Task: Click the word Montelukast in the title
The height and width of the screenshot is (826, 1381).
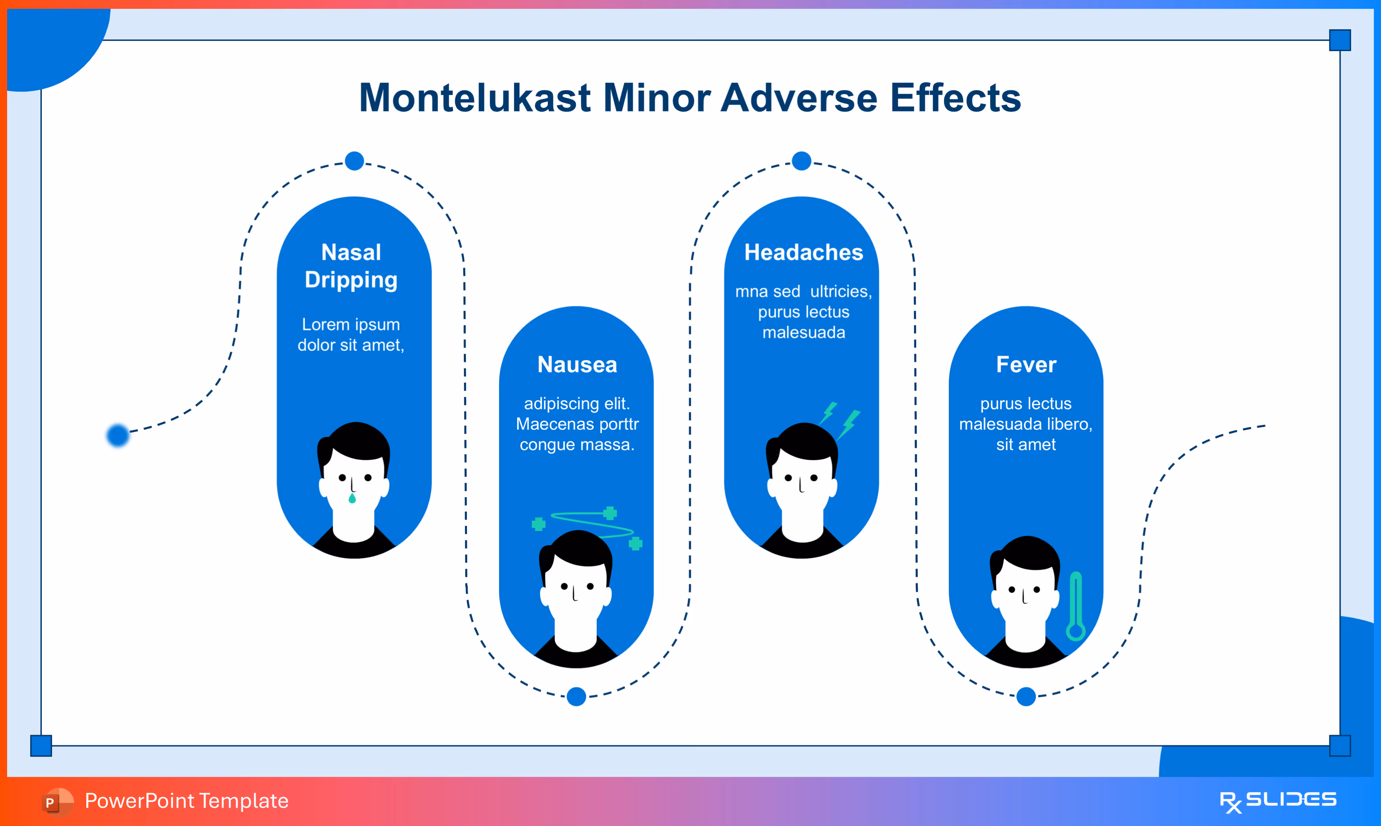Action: [x=474, y=98]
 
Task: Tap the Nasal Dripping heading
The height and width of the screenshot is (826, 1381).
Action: [x=351, y=266]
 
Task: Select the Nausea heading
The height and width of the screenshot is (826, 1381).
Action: [x=577, y=364]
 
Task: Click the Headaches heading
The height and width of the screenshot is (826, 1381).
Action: [x=804, y=252]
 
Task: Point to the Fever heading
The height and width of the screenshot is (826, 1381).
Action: [x=1026, y=364]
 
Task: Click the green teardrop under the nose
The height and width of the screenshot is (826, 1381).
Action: [x=352, y=498]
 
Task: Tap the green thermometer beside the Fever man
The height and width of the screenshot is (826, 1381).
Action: [x=1076, y=607]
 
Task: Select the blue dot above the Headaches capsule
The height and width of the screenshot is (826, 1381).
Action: [x=801, y=161]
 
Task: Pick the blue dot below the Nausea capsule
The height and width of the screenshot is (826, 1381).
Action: [x=576, y=696]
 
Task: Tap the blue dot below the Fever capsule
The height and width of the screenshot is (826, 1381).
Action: [x=1026, y=696]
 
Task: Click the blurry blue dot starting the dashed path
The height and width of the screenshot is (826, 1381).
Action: [x=118, y=435]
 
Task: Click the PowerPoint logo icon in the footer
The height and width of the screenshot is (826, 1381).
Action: [x=57, y=802]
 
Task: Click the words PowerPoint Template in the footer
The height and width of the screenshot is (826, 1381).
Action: [x=187, y=801]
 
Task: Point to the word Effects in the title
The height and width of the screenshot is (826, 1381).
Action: [x=955, y=98]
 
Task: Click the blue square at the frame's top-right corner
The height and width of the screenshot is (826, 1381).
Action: [x=1340, y=40]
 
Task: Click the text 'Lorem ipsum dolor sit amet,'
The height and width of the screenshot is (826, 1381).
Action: [x=351, y=335]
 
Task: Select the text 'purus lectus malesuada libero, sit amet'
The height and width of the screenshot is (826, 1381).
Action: [x=1026, y=424]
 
